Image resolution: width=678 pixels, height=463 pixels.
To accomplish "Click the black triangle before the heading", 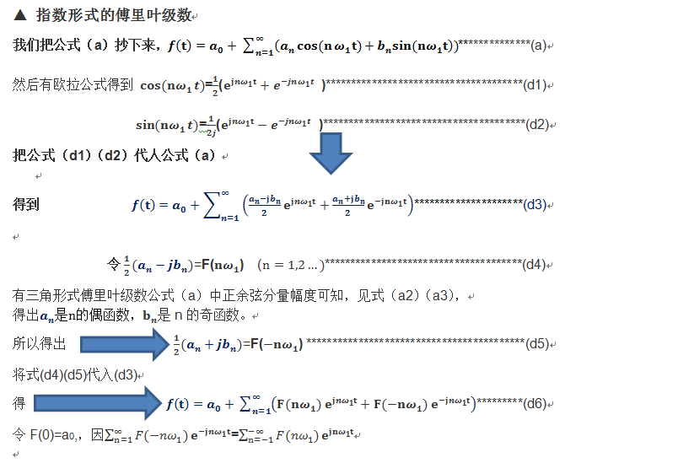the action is [21, 16].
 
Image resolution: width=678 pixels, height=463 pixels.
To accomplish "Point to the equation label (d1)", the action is [535, 84].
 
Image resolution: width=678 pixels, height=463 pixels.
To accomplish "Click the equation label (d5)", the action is [536, 344].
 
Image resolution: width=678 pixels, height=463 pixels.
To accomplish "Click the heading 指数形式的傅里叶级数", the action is [113, 16].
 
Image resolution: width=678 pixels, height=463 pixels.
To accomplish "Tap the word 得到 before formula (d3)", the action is [25, 205].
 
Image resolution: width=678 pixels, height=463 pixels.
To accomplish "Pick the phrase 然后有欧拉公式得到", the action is [73, 84].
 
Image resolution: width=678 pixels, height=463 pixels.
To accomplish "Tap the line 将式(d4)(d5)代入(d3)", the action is [78, 374].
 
